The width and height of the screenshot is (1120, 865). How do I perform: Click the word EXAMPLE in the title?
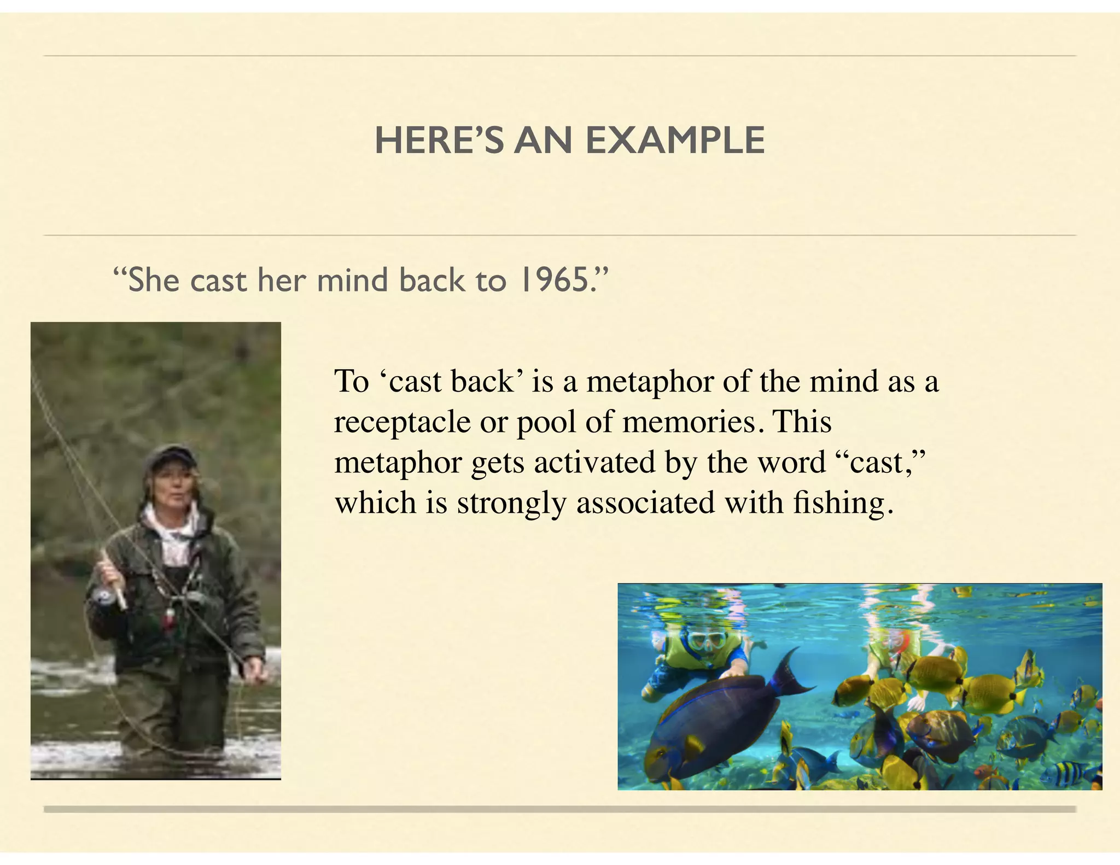click(x=675, y=141)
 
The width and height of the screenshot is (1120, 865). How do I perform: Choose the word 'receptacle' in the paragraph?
click(x=402, y=422)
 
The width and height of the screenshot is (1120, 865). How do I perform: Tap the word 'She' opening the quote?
click(x=153, y=280)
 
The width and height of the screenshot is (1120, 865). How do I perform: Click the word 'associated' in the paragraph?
click(x=645, y=503)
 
